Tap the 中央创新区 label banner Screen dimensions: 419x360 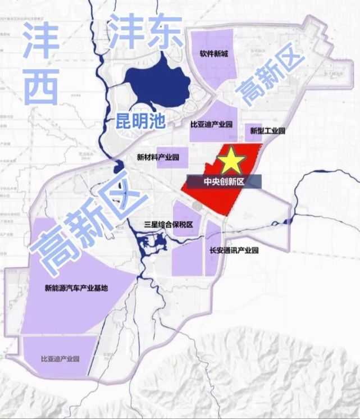click(224, 182)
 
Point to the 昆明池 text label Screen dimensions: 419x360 click(140, 119)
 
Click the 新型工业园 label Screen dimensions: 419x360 click(267, 131)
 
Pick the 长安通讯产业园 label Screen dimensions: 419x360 click(233, 251)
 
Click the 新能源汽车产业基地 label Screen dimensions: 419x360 click(76, 289)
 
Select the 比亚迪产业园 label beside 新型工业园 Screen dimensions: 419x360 click(211, 123)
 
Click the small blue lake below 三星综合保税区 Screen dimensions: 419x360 click(152, 245)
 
